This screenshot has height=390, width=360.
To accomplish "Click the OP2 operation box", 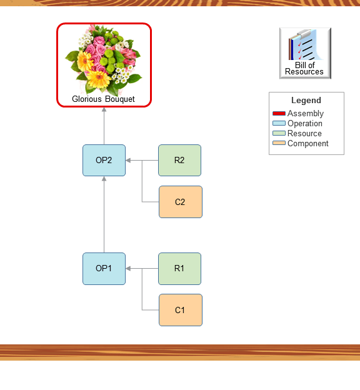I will click(x=104, y=160).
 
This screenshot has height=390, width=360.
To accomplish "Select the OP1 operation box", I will click(x=104, y=268).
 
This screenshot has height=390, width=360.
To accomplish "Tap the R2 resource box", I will click(x=179, y=160).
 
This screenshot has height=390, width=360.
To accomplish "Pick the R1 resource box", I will click(x=179, y=268).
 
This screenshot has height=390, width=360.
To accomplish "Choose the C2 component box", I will click(x=180, y=202).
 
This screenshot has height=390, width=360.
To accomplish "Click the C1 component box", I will click(x=180, y=310).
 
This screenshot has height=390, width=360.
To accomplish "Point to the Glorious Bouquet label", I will click(x=103, y=99).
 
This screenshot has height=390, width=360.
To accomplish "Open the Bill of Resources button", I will click(x=305, y=53).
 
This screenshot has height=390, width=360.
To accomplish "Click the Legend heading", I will click(x=306, y=100).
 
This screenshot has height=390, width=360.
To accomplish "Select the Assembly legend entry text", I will click(x=306, y=114).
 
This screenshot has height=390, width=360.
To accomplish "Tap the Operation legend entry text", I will click(x=305, y=124).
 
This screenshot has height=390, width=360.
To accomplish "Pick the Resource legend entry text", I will click(x=304, y=134).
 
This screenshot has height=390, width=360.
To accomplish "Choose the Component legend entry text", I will click(x=308, y=144).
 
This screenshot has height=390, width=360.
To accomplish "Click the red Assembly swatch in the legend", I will click(x=279, y=114).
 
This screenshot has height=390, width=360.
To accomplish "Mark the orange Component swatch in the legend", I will click(x=279, y=144).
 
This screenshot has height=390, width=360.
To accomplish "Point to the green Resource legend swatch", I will click(x=279, y=134).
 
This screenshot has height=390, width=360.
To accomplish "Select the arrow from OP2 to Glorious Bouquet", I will click(x=104, y=126).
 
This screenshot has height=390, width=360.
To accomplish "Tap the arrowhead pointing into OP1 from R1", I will click(x=129, y=268).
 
